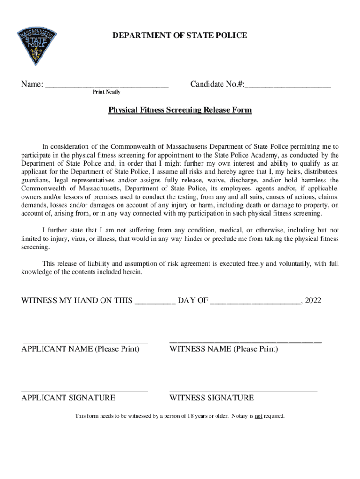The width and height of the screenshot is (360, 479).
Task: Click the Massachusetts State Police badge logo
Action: coord(37,47)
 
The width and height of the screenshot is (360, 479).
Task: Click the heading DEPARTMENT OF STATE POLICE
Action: coord(180,36)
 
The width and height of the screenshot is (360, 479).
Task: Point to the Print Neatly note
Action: coord(106,92)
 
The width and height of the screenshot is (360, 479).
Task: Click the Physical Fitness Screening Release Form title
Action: coord(180,110)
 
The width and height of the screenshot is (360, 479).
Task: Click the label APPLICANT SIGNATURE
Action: coord(68,398)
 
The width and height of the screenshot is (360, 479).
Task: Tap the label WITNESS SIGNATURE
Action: coord(211,398)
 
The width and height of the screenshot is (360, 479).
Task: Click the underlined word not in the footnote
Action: coord(258,416)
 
